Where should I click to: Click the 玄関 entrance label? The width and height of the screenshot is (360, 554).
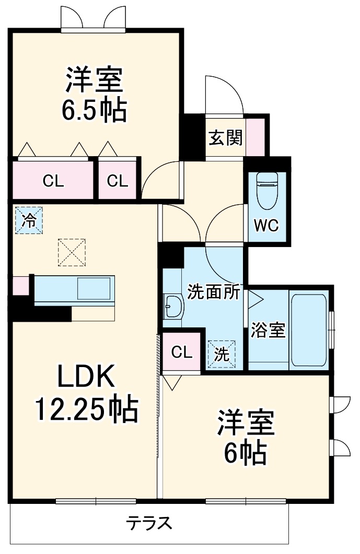[x=225, y=138]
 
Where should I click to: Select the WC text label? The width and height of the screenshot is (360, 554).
[x=266, y=226]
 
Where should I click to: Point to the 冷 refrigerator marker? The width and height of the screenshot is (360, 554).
[x=29, y=221]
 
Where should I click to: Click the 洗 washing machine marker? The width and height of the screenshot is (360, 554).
[x=222, y=355]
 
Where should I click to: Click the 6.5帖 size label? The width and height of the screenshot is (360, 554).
[x=95, y=111]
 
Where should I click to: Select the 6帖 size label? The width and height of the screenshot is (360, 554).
[x=246, y=453]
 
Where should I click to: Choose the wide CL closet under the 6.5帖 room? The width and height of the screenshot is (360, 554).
[x=53, y=181]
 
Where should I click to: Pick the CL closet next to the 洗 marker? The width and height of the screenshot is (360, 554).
[x=182, y=352]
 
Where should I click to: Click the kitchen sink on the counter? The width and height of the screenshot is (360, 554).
[x=94, y=288]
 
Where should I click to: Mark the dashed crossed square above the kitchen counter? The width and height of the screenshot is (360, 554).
[x=72, y=252]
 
